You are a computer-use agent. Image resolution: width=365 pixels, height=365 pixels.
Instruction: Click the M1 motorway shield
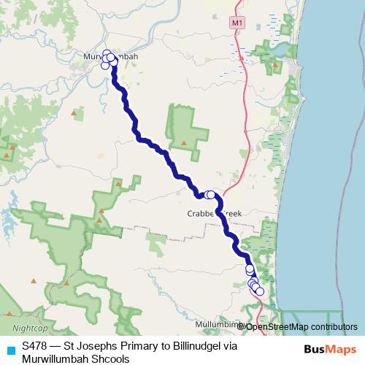pyautogui.click(x=235, y=23)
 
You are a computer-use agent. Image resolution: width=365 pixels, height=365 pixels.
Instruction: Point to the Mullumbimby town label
pyautogui.click(x=219, y=323)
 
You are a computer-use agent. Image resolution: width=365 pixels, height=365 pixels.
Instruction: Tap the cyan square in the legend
pyautogui.click(x=9, y=348)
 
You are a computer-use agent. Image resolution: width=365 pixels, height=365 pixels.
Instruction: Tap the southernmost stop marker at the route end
pyautogui.click(x=260, y=292)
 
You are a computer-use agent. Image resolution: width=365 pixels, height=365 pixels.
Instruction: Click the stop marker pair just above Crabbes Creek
pyautogui.click(x=210, y=195)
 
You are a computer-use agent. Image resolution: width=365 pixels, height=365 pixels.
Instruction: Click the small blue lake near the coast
pyautogui.click(x=280, y=50)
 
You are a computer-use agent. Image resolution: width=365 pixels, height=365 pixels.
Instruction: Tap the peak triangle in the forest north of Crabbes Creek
pyautogui.click(x=185, y=142)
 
